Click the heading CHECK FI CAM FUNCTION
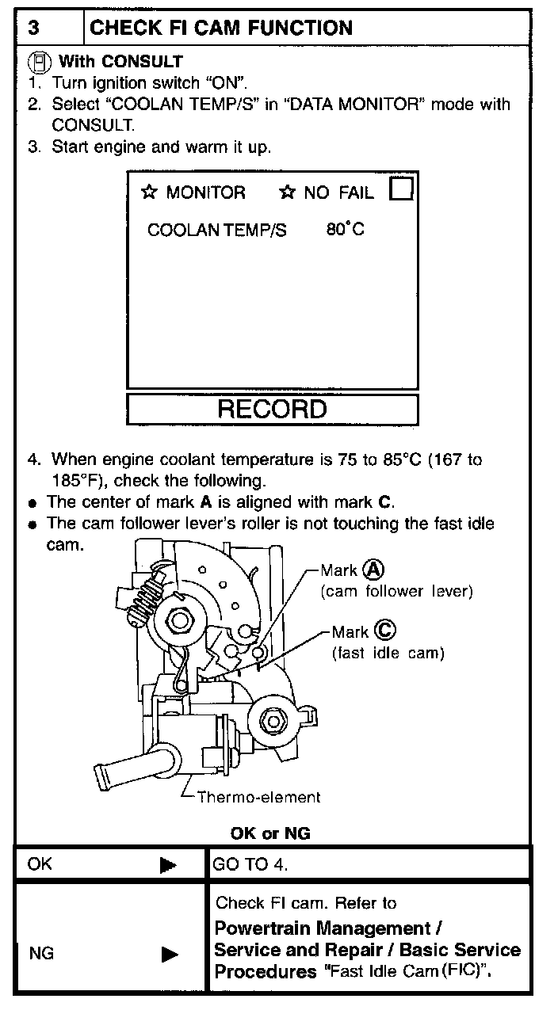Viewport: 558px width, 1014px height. click(x=221, y=29)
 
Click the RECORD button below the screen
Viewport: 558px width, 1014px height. click(x=272, y=409)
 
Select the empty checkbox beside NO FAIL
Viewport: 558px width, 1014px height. click(x=402, y=190)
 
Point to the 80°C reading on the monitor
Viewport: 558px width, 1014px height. click(x=345, y=230)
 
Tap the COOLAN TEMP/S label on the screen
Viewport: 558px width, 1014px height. click(x=217, y=231)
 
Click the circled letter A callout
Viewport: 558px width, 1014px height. click(x=373, y=570)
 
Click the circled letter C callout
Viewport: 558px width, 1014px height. click(x=385, y=631)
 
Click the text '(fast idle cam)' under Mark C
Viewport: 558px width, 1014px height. click(x=388, y=653)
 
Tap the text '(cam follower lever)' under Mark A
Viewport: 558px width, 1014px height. click(x=396, y=592)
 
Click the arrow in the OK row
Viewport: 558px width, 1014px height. click(x=168, y=865)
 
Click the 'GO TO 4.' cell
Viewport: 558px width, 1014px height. click(x=250, y=864)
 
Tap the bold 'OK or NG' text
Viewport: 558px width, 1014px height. click(x=270, y=833)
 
